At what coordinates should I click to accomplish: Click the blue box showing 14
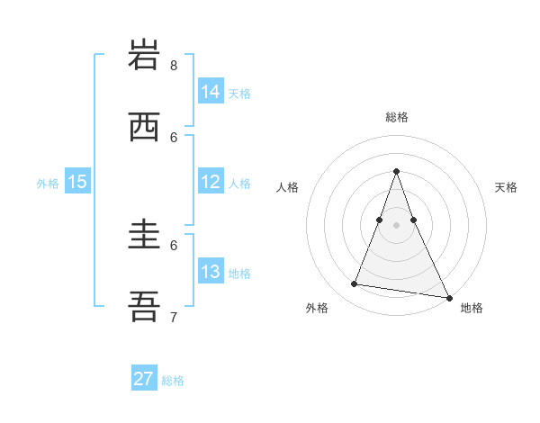pyautogui.click(x=210, y=91)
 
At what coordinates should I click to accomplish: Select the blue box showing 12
pyautogui.click(x=210, y=181)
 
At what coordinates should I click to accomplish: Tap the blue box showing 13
pyautogui.click(x=210, y=271)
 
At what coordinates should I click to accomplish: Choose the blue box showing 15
pyautogui.click(x=77, y=181)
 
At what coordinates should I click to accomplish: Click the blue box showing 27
pyautogui.click(x=144, y=379)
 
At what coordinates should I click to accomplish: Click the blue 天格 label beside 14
pyautogui.click(x=239, y=93)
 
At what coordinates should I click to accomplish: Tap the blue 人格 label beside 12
pyautogui.click(x=239, y=183)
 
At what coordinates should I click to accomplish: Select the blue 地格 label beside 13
pyautogui.click(x=239, y=273)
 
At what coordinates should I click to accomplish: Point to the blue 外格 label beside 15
pyautogui.click(x=48, y=183)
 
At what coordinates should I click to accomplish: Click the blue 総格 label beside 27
pyautogui.click(x=173, y=381)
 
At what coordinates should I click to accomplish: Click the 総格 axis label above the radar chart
pyautogui.click(x=397, y=117)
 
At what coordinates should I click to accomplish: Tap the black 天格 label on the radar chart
pyautogui.click(x=506, y=187)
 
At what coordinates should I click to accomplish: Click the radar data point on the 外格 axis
pyautogui.click(x=355, y=284)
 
